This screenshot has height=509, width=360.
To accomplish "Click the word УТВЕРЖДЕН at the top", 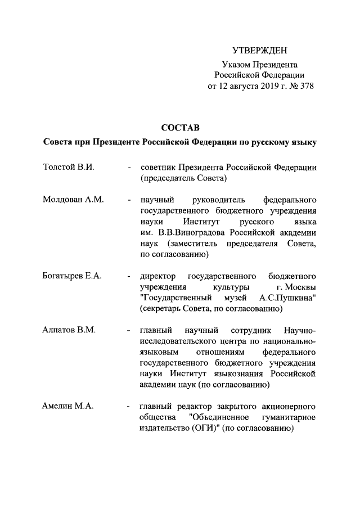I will [x=259, y=51].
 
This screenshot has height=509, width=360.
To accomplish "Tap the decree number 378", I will [x=306, y=87].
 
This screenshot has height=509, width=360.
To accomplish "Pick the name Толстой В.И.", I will [x=67, y=168].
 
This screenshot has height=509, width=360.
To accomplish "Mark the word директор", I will [x=158, y=276].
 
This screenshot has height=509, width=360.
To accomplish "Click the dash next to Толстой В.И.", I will [x=130, y=168].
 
